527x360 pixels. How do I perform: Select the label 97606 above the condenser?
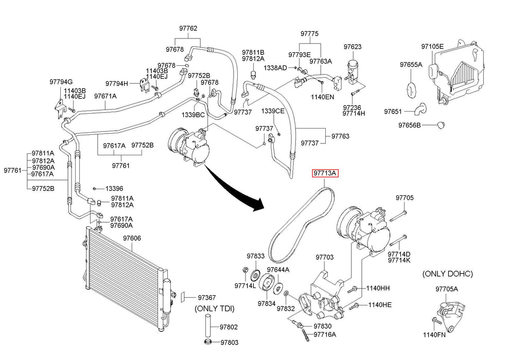[132, 239]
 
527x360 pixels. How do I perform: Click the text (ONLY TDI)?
[214, 309]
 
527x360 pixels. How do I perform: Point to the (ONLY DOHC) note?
[447, 274]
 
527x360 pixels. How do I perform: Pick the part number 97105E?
[432, 46]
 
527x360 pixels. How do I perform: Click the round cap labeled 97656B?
[441, 124]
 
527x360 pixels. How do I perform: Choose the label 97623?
[353, 47]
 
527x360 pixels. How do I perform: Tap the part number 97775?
[310, 33]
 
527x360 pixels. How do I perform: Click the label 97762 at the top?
[188, 29]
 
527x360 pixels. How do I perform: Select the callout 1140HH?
[378, 288]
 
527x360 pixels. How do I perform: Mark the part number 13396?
[115, 188]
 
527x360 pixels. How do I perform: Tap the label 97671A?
[105, 96]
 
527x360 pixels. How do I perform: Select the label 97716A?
[324, 335]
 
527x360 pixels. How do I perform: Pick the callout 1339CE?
[272, 111]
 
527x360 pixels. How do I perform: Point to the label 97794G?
[61, 82]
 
